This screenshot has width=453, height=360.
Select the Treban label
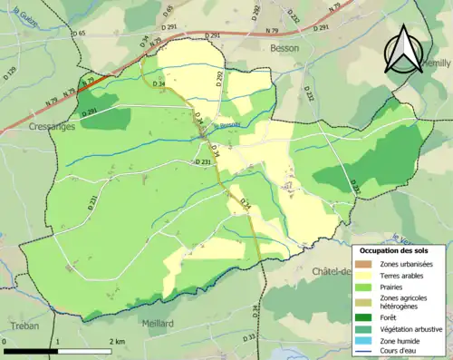point(19,323)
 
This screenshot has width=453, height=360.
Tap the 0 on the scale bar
point(5,342)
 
